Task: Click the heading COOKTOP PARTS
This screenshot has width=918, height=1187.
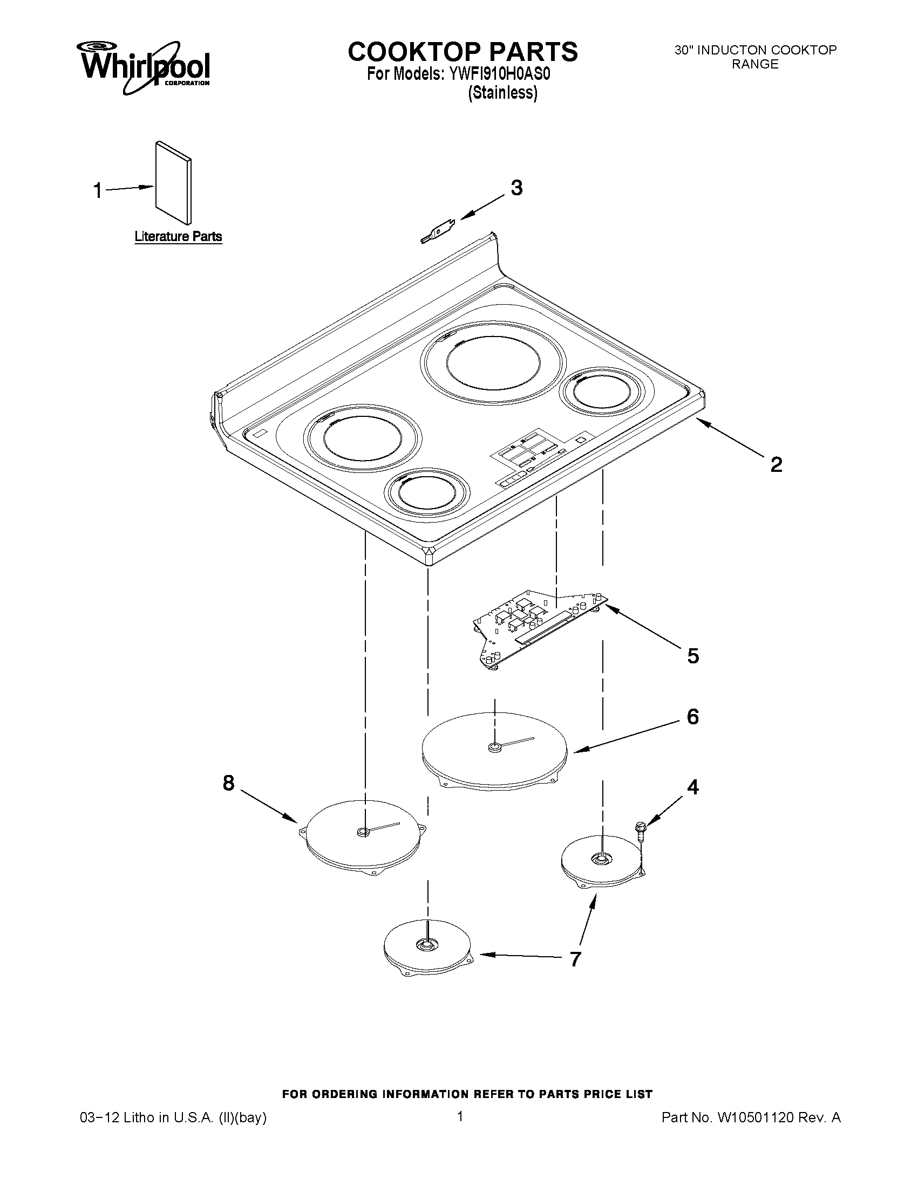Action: tap(463, 52)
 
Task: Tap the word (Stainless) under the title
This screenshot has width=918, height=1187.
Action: tap(502, 93)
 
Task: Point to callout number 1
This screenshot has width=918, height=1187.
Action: tap(98, 191)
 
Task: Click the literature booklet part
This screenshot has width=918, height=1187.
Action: tap(173, 183)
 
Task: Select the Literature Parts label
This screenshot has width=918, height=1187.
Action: tap(178, 236)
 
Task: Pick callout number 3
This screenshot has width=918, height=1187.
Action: tap(516, 188)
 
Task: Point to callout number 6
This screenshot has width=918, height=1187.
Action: tap(692, 717)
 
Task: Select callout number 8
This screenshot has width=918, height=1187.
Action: tap(228, 783)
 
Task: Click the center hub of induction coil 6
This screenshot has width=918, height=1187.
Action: tap(494, 748)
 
